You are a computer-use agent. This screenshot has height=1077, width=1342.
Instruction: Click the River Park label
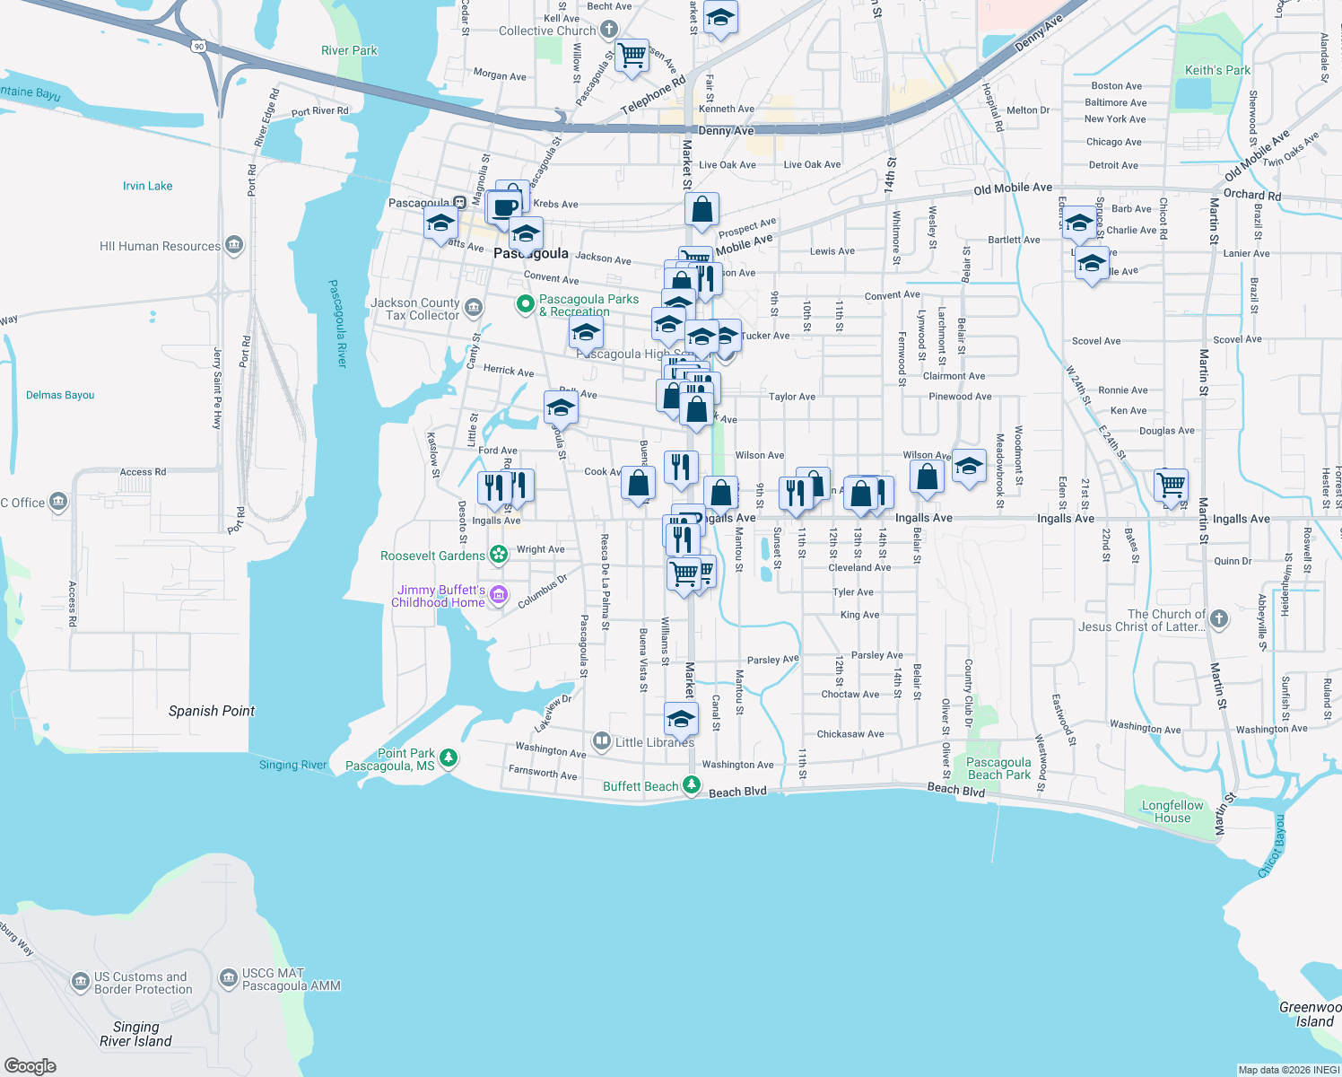pyautogui.click(x=349, y=50)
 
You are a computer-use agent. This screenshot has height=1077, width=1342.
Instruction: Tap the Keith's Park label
pyautogui.click(x=1217, y=70)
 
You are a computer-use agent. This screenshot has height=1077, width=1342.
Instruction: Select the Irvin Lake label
pyautogui.click(x=148, y=186)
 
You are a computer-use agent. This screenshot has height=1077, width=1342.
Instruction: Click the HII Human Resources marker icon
pyautogui.click(x=234, y=245)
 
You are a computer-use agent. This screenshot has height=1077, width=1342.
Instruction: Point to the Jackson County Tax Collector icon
pyautogui.click(x=474, y=309)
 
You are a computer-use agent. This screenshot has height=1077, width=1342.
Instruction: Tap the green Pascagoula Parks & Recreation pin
pyautogui.click(x=526, y=305)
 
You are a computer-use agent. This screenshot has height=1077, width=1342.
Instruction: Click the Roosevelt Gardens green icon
pyautogui.click(x=499, y=555)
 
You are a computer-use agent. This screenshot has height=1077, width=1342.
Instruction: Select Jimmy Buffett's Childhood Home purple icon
pyautogui.click(x=499, y=594)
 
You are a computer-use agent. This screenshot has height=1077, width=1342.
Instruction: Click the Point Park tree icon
pyautogui.click(x=449, y=758)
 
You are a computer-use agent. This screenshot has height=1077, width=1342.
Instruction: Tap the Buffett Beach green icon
pyautogui.click(x=691, y=785)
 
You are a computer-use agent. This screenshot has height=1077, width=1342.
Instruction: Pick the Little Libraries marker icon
pyautogui.click(x=601, y=741)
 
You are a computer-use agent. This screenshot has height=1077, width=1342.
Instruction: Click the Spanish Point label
pyautogui.click(x=212, y=711)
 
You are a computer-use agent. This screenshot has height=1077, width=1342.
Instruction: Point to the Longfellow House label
pyautogui.click(x=1172, y=811)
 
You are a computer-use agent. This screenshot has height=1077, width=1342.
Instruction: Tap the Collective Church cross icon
pyautogui.click(x=609, y=30)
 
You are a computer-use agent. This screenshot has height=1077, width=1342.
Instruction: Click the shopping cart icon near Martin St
pyautogui.click(x=1172, y=486)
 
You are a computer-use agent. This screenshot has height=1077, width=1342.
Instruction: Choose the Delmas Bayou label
pyautogui.click(x=60, y=395)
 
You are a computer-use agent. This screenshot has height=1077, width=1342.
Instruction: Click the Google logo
pyautogui.click(x=30, y=1066)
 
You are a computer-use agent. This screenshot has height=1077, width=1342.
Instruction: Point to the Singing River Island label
pyautogui.click(x=135, y=1034)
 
